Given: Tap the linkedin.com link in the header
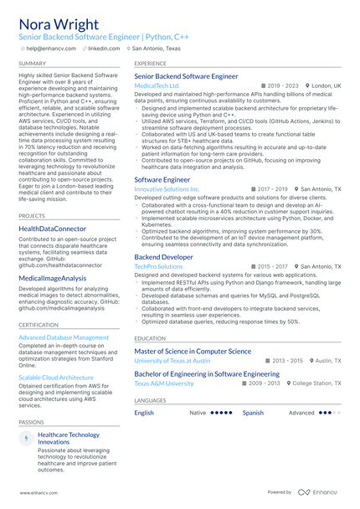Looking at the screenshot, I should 104,49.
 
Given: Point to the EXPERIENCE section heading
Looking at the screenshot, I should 151,64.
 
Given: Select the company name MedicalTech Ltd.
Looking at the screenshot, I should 157,85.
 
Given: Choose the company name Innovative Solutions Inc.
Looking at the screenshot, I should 167,189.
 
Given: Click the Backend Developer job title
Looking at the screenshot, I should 163,257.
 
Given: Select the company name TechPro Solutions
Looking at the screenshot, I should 158,266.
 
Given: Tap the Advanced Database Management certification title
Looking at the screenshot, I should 64,337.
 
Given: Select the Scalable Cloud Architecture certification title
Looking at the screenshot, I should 56,378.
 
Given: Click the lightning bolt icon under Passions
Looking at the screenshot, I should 26,438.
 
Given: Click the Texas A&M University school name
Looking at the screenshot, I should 164,383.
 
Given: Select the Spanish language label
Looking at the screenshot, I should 253,413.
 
